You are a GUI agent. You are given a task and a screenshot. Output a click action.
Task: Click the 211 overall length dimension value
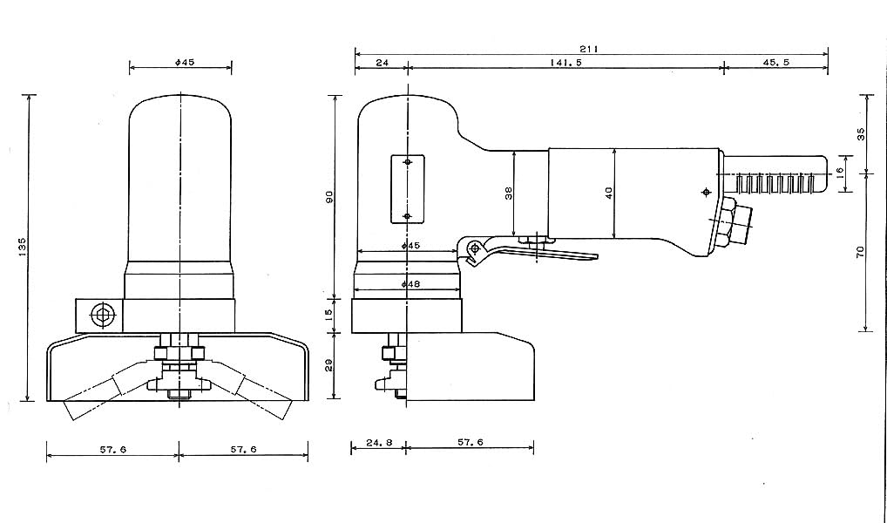pos(588,49)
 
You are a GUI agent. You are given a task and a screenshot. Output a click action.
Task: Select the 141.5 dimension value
pos(565,63)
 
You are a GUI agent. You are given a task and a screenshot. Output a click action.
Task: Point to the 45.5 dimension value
pos(775,63)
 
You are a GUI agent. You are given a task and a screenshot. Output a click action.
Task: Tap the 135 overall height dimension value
pos(22,248)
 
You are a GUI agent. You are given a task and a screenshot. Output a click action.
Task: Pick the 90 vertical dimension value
pos(330,197)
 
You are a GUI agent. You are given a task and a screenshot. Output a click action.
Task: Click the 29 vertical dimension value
pos(330,365)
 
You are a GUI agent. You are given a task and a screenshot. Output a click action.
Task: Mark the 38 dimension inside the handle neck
pos(509,194)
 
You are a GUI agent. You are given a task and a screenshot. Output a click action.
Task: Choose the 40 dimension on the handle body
pos(609,194)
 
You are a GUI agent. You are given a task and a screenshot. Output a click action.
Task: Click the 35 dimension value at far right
pos(861,134)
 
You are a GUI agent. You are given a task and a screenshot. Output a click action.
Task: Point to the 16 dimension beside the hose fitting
pos(839,171)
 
